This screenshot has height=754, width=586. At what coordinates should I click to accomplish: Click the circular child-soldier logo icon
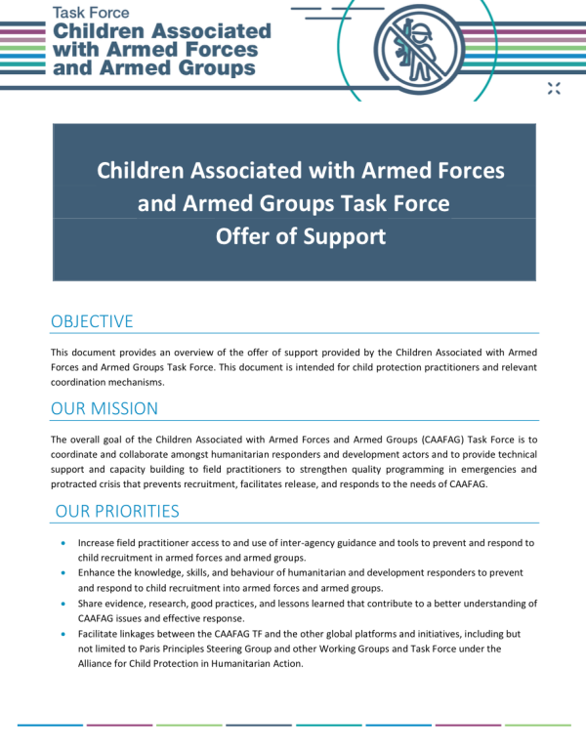tap(422, 47)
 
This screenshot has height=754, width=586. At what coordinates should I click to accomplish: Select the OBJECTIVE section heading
tap(92, 321)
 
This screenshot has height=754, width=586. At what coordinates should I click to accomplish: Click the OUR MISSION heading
tap(105, 408)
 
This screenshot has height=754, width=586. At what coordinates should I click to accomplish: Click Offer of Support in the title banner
tap(301, 236)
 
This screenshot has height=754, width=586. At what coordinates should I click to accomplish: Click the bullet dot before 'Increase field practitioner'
tap(64, 542)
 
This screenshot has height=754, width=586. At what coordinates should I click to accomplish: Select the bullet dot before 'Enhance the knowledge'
tap(64, 572)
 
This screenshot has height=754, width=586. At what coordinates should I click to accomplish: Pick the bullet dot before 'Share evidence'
tap(64, 604)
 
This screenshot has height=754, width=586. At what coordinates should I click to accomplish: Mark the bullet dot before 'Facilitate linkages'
tap(64, 634)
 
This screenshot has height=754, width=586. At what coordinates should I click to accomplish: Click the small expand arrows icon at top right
tap(555, 89)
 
